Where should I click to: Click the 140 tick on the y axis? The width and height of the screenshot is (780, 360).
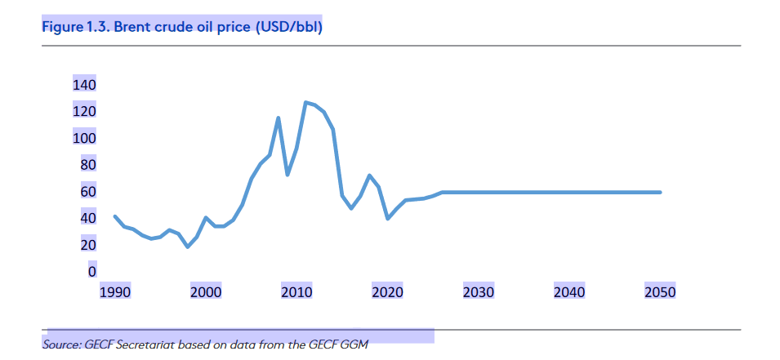(84, 86)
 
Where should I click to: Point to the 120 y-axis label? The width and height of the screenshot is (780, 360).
(84, 112)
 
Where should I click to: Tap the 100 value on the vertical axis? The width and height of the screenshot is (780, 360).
(84, 139)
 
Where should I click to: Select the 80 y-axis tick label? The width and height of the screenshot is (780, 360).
(87, 166)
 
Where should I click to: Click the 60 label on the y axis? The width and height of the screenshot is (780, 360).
(87, 192)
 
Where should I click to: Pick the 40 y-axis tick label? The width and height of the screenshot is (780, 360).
(87, 219)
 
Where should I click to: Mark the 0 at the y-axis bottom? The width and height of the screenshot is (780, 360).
(91, 272)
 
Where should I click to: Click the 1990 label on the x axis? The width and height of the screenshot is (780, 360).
(114, 292)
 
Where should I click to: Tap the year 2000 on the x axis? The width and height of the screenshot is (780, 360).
(206, 292)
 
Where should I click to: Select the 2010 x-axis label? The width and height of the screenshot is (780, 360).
(296, 292)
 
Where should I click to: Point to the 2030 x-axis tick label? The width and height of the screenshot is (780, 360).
(478, 292)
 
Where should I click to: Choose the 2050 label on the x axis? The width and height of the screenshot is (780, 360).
(660, 292)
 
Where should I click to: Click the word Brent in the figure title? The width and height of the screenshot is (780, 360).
(133, 26)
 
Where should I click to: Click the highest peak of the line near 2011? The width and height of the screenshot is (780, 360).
(305, 103)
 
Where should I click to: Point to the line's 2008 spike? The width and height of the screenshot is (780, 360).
(279, 118)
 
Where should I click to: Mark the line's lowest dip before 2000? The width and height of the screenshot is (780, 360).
(188, 247)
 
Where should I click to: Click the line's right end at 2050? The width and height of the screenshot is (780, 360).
(660, 193)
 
